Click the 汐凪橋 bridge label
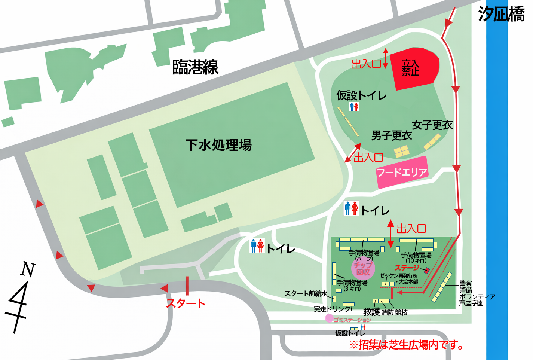click(x=501, y=14)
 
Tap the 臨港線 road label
click(x=195, y=67)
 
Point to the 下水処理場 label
click(x=218, y=145)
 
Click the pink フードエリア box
click(x=402, y=173)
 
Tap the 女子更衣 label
click(x=432, y=125)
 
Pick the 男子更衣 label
click(x=391, y=135)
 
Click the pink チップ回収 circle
click(x=363, y=268)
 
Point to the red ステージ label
click(x=407, y=268)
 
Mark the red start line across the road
click(x=187, y=286)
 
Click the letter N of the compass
click(x=28, y=269)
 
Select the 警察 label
click(x=466, y=284)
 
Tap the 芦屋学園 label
click(x=471, y=303)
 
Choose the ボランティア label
click(x=477, y=297)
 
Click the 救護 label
click(x=371, y=312)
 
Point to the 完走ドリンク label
click(x=332, y=309)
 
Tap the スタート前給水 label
click(x=306, y=294)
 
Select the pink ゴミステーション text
click(x=352, y=320)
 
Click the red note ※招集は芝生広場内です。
click(x=406, y=345)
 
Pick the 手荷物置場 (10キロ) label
click(x=416, y=258)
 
